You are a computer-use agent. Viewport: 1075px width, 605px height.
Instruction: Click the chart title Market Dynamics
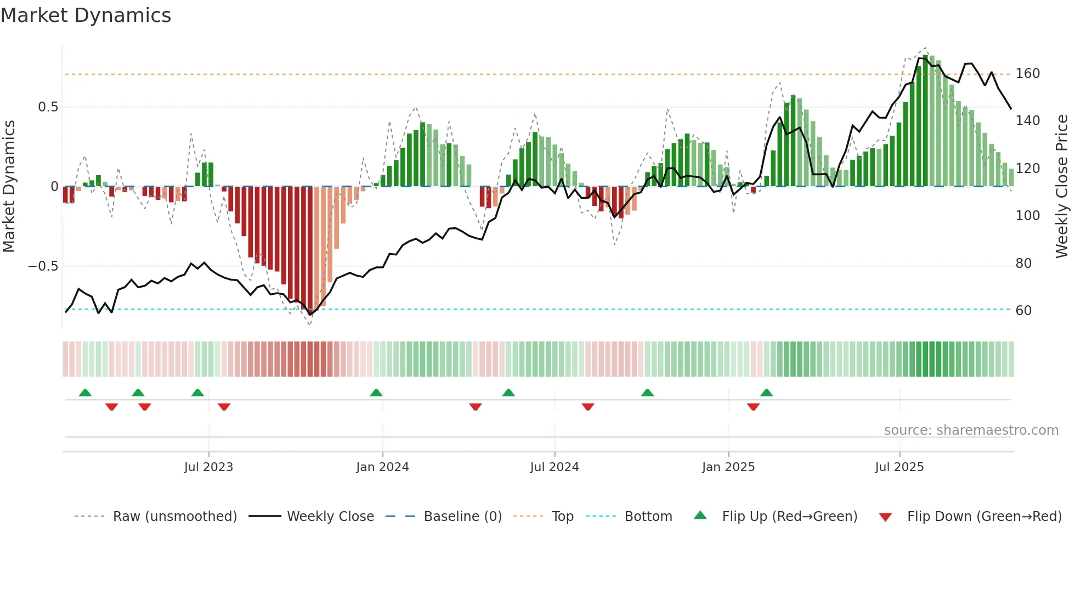[x=86, y=15]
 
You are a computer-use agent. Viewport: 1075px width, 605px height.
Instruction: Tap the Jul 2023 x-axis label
[x=208, y=467]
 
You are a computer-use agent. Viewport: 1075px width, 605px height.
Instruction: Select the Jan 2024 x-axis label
[x=382, y=467]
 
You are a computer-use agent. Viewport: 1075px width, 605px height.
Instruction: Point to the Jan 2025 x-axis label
[x=728, y=467]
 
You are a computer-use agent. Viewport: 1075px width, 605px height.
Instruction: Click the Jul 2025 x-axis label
[x=899, y=467]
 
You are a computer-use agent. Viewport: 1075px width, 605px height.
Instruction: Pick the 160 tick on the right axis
[x=1027, y=74]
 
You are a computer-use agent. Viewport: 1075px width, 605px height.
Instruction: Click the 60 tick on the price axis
[x=1023, y=311]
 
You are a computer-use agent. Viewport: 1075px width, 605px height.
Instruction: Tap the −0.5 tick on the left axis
[x=43, y=266]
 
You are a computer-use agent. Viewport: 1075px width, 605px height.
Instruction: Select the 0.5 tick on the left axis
[x=48, y=107]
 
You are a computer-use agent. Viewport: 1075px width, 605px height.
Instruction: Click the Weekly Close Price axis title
[x=1062, y=187]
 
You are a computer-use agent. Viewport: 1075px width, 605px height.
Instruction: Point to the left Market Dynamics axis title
[x=9, y=187]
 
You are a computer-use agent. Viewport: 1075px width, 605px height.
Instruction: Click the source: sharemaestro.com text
[x=971, y=430]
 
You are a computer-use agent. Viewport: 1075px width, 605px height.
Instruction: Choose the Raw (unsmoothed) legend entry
[x=174, y=517]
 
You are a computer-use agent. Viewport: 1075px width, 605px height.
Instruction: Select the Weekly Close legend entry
[x=330, y=517]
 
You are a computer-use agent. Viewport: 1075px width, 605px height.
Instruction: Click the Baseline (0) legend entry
[x=462, y=517]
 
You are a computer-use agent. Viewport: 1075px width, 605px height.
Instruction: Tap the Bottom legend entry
[x=648, y=517]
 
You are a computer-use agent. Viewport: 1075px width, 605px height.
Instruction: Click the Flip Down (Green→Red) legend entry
[x=984, y=517]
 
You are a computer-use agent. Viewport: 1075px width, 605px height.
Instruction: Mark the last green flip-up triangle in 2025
[x=767, y=393]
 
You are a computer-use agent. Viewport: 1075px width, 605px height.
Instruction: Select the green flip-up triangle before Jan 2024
[x=376, y=393]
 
